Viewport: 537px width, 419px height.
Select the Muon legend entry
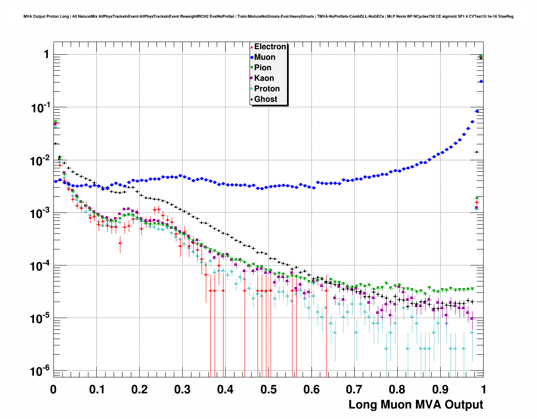click(x=265, y=57)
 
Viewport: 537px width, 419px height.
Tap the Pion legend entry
click(x=263, y=68)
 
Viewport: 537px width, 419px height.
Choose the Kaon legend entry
click(x=264, y=78)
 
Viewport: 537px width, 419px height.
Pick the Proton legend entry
click(x=267, y=89)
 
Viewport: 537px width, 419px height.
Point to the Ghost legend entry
click(x=266, y=99)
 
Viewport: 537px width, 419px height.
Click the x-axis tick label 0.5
click(x=268, y=390)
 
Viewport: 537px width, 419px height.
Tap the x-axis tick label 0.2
click(x=139, y=390)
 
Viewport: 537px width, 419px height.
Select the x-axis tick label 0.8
click(x=397, y=390)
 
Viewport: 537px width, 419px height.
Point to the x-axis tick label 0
click(x=53, y=390)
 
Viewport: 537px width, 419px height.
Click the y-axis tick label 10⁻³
click(x=40, y=213)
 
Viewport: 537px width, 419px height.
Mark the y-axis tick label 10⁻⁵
click(x=40, y=318)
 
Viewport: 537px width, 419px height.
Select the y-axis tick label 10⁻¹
click(x=40, y=108)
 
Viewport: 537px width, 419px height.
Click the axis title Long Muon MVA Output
click(x=416, y=405)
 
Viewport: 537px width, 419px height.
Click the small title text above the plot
click(x=268, y=16)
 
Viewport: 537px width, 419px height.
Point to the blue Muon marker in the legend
click(x=252, y=57)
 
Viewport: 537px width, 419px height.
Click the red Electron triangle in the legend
click(x=252, y=47)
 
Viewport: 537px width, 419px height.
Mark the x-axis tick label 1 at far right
click(x=484, y=390)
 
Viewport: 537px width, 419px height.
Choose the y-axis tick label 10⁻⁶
click(x=40, y=371)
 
